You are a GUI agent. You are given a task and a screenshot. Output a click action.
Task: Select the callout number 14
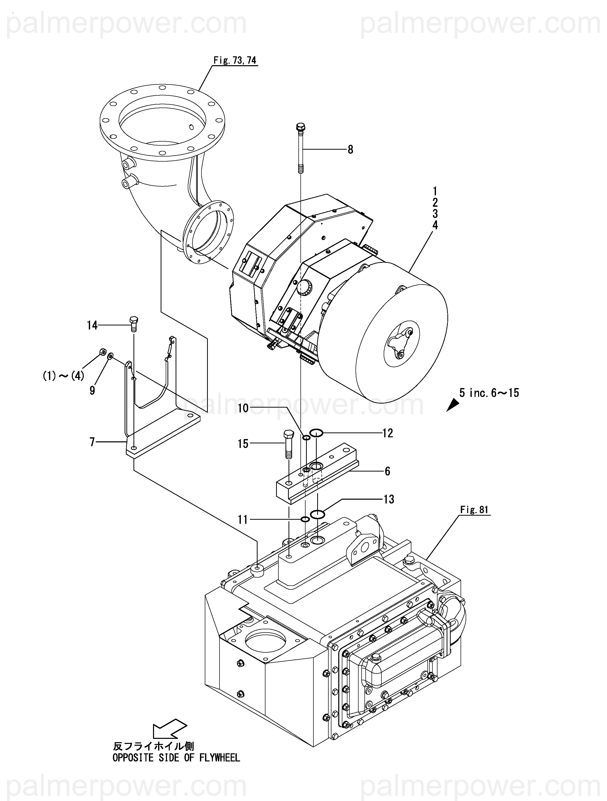click(x=92, y=325)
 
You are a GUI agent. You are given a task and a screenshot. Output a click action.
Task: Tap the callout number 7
click(x=92, y=442)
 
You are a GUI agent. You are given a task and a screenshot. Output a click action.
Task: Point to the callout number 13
click(x=389, y=499)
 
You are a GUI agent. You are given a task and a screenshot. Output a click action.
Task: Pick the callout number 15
click(x=243, y=444)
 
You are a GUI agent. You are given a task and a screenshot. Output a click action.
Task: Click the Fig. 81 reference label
click(x=474, y=510)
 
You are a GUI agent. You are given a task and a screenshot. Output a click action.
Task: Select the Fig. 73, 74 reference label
click(x=235, y=60)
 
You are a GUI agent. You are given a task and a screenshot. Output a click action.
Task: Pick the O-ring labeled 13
click(x=317, y=514)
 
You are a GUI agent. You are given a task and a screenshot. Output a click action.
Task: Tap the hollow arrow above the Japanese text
click(x=170, y=728)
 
